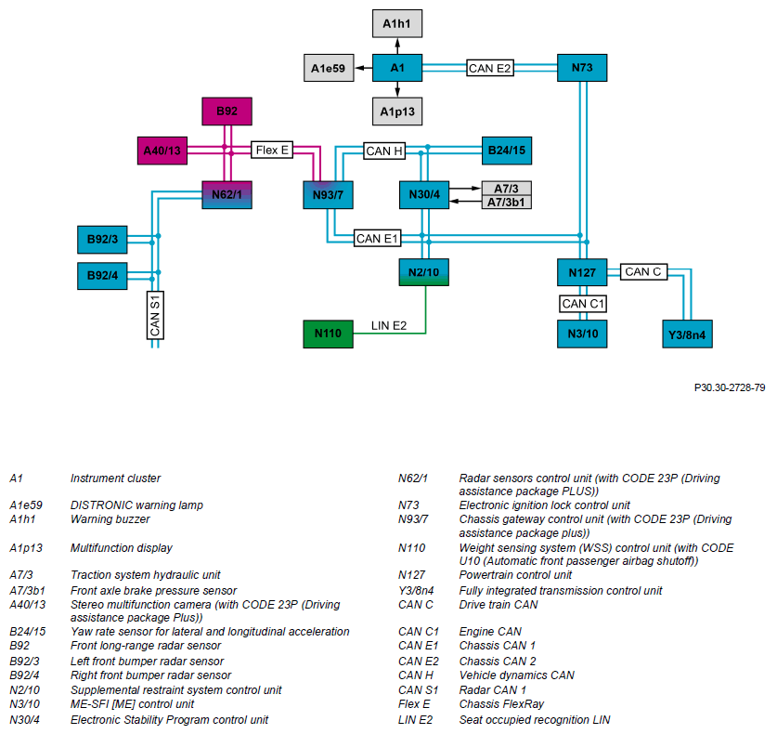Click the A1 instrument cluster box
click(x=397, y=68)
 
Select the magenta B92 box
click(x=227, y=111)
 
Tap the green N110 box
click(x=328, y=334)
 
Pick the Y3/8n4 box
click(x=687, y=334)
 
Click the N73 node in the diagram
click(x=582, y=68)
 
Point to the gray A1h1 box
click(x=397, y=23)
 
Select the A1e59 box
click(x=329, y=68)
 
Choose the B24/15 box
click(x=507, y=151)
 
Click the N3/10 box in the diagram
click(x=582, y=334)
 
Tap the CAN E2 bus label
click(x=489, y=68)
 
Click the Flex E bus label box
click(x=272, y=150)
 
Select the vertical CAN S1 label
click(x=155, y=315)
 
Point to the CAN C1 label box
click(x=583, y=304)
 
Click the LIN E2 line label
click(x=389, y=326)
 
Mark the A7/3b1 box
click(x=506, y=203)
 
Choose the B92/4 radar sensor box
click(x=102, y=276)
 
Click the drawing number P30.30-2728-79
click(x=730, y=387)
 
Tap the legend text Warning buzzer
click(x=110, y=519)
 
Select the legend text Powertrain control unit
click(x=515, y=575)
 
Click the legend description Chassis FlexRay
click(x=501, y=703)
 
